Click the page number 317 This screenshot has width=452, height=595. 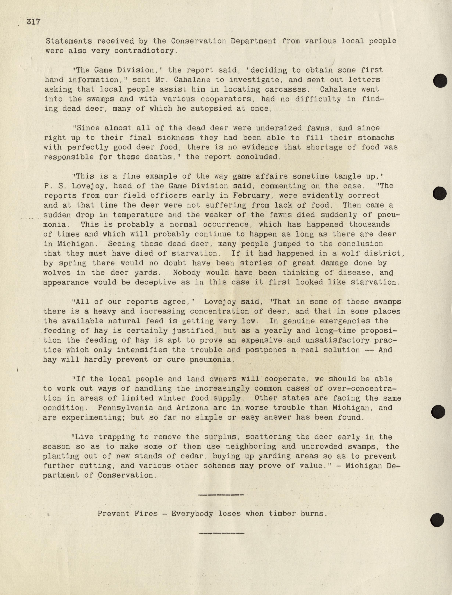tap(33, 22)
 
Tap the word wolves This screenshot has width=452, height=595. tap(57, 273)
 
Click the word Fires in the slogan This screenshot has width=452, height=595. tap(146, 514)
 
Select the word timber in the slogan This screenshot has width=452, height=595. tap(288, 514)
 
